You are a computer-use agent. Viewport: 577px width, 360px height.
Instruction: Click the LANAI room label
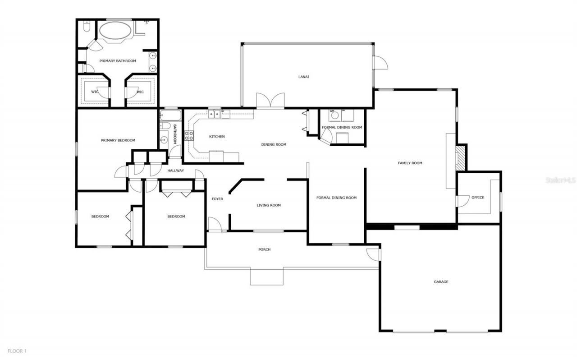click(x=303, y=77)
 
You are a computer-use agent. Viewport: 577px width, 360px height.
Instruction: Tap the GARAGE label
click(x=441, y=282)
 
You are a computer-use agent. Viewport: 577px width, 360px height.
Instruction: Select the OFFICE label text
click(x=477, y=198)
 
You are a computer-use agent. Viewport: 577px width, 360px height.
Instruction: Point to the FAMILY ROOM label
click(x=410, y=163)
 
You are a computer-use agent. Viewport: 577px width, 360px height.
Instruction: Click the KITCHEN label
click(x=217, y=136)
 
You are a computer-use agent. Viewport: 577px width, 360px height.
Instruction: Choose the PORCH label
click(x=264, y=249)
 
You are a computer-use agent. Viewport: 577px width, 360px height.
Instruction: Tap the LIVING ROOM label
click(x=269, y=205)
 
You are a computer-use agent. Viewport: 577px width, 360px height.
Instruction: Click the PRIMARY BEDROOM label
click(x=118, y=140)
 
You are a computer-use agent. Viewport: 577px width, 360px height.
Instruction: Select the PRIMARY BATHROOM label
click(x=118, y=60)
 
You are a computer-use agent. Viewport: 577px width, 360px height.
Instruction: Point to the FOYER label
click(x=217, y=199)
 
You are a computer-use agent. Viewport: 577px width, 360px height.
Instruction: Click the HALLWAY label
click(x=176, y=171)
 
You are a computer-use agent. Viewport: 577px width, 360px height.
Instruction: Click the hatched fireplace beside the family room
click(x=460, y=157)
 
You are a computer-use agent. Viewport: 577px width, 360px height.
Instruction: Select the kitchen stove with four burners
click(x=189, y=136)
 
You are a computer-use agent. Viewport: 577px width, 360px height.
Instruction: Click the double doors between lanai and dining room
click(x=270, y=101)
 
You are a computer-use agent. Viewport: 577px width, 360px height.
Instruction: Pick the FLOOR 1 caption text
click(x=17, y=351)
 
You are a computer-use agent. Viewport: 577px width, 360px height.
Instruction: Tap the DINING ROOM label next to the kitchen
click(x=274, y=144)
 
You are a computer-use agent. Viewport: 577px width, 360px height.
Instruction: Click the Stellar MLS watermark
click(x=560, y=180)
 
